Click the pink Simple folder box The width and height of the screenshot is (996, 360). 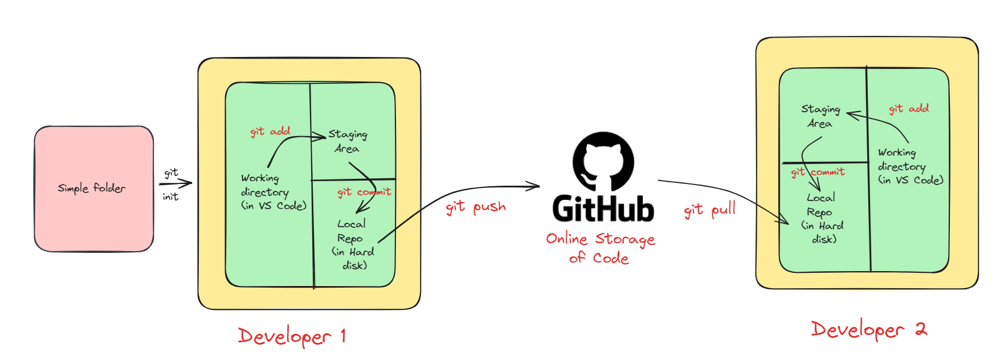point(94,189)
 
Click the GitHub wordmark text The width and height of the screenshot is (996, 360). point(603,208)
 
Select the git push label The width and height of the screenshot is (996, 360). point(476,207)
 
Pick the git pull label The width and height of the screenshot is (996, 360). point(710,210)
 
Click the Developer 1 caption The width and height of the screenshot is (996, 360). point(292,336)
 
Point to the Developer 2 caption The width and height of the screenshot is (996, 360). point(869,330)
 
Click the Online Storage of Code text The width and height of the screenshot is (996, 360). point(600,248)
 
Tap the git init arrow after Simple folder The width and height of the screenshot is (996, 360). point(175,183)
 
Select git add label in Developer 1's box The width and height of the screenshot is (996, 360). point(270,132)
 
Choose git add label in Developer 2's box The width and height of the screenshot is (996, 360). point(909,108)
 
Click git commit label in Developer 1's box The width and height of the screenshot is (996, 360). point(364,192)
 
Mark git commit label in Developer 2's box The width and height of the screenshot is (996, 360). point(818,172)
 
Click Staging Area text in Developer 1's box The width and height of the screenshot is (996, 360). point(348,141)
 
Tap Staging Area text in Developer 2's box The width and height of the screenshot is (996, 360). point(821,116)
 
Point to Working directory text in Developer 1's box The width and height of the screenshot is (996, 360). point(273,192)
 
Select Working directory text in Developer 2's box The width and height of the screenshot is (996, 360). point(910,166)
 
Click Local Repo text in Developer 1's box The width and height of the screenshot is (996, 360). point(353,244)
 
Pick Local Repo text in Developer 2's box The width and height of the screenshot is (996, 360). point(822,218)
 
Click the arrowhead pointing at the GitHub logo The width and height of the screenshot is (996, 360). point(534,186)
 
